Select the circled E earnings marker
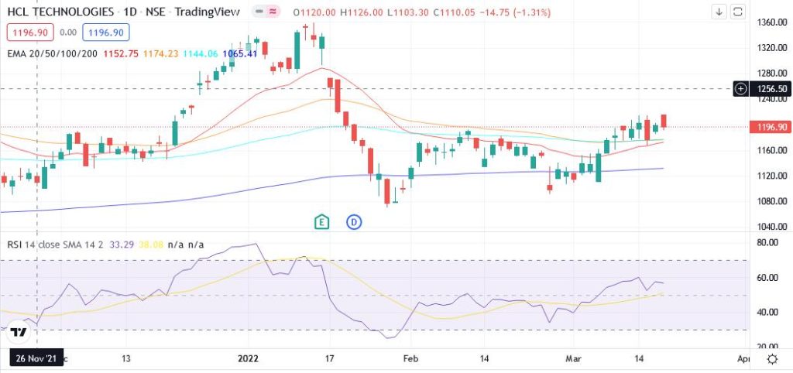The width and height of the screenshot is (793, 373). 322,222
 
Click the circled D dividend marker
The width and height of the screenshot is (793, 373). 355,222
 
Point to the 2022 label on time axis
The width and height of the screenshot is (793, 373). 249,359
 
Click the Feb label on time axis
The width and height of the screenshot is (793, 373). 410,359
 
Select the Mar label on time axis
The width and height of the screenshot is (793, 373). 572,359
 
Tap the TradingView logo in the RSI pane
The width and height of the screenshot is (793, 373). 19,332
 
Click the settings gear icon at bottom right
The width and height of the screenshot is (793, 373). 772,359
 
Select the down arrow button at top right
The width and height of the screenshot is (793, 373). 719,12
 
